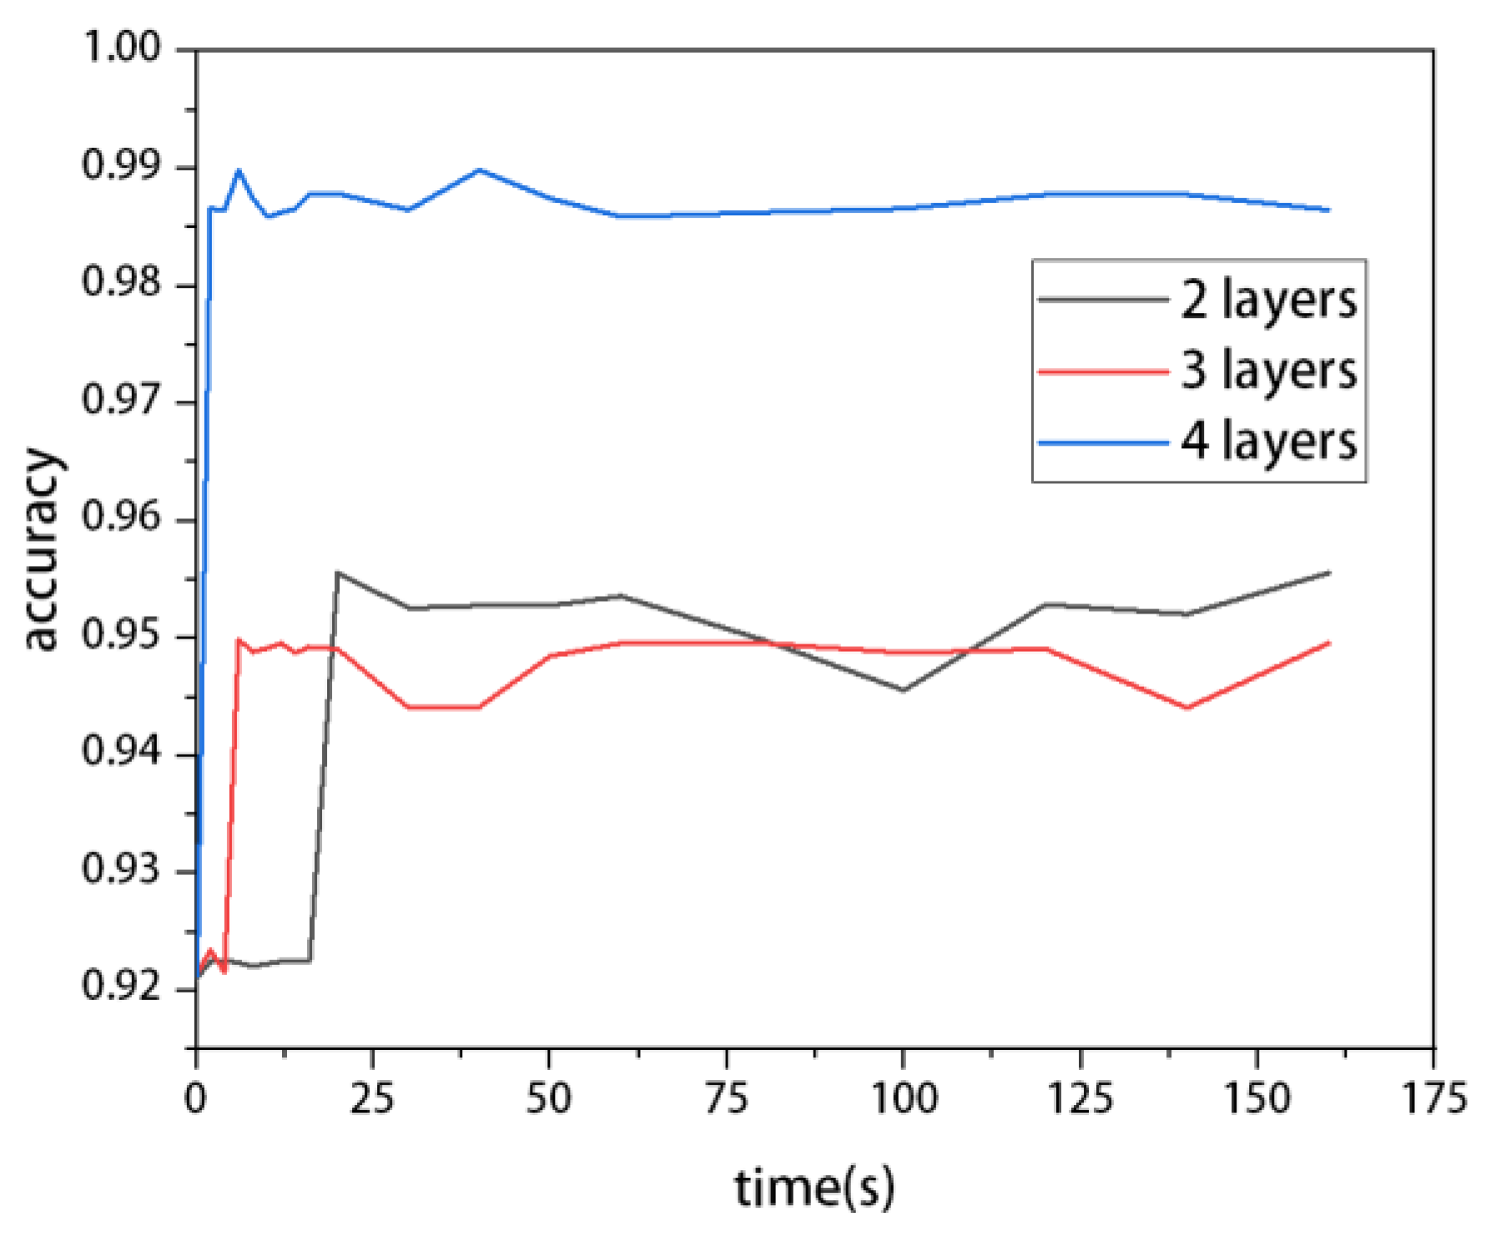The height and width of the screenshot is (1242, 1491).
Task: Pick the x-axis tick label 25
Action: click(372, 1098)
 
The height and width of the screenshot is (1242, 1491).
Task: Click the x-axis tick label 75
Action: click(726, 1098)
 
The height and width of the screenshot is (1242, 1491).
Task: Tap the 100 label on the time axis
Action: click(904, 1098)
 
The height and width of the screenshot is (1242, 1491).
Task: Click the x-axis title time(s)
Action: click(814, 1187)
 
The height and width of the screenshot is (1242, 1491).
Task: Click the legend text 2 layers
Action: click(1268, 300)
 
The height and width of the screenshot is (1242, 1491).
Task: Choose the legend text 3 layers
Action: click(1268, 371)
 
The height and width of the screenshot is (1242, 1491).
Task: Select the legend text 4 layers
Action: click(1268, 442)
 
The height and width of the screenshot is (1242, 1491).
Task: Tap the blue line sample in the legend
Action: click(1103, 442)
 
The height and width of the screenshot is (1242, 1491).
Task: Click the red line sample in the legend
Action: click(1103, 371)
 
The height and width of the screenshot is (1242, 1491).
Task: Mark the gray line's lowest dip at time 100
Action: click(903, 690)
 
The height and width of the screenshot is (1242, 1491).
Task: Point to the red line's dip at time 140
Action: click(1186, 708)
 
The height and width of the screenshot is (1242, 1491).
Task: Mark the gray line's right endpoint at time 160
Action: click(1328, 573)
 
